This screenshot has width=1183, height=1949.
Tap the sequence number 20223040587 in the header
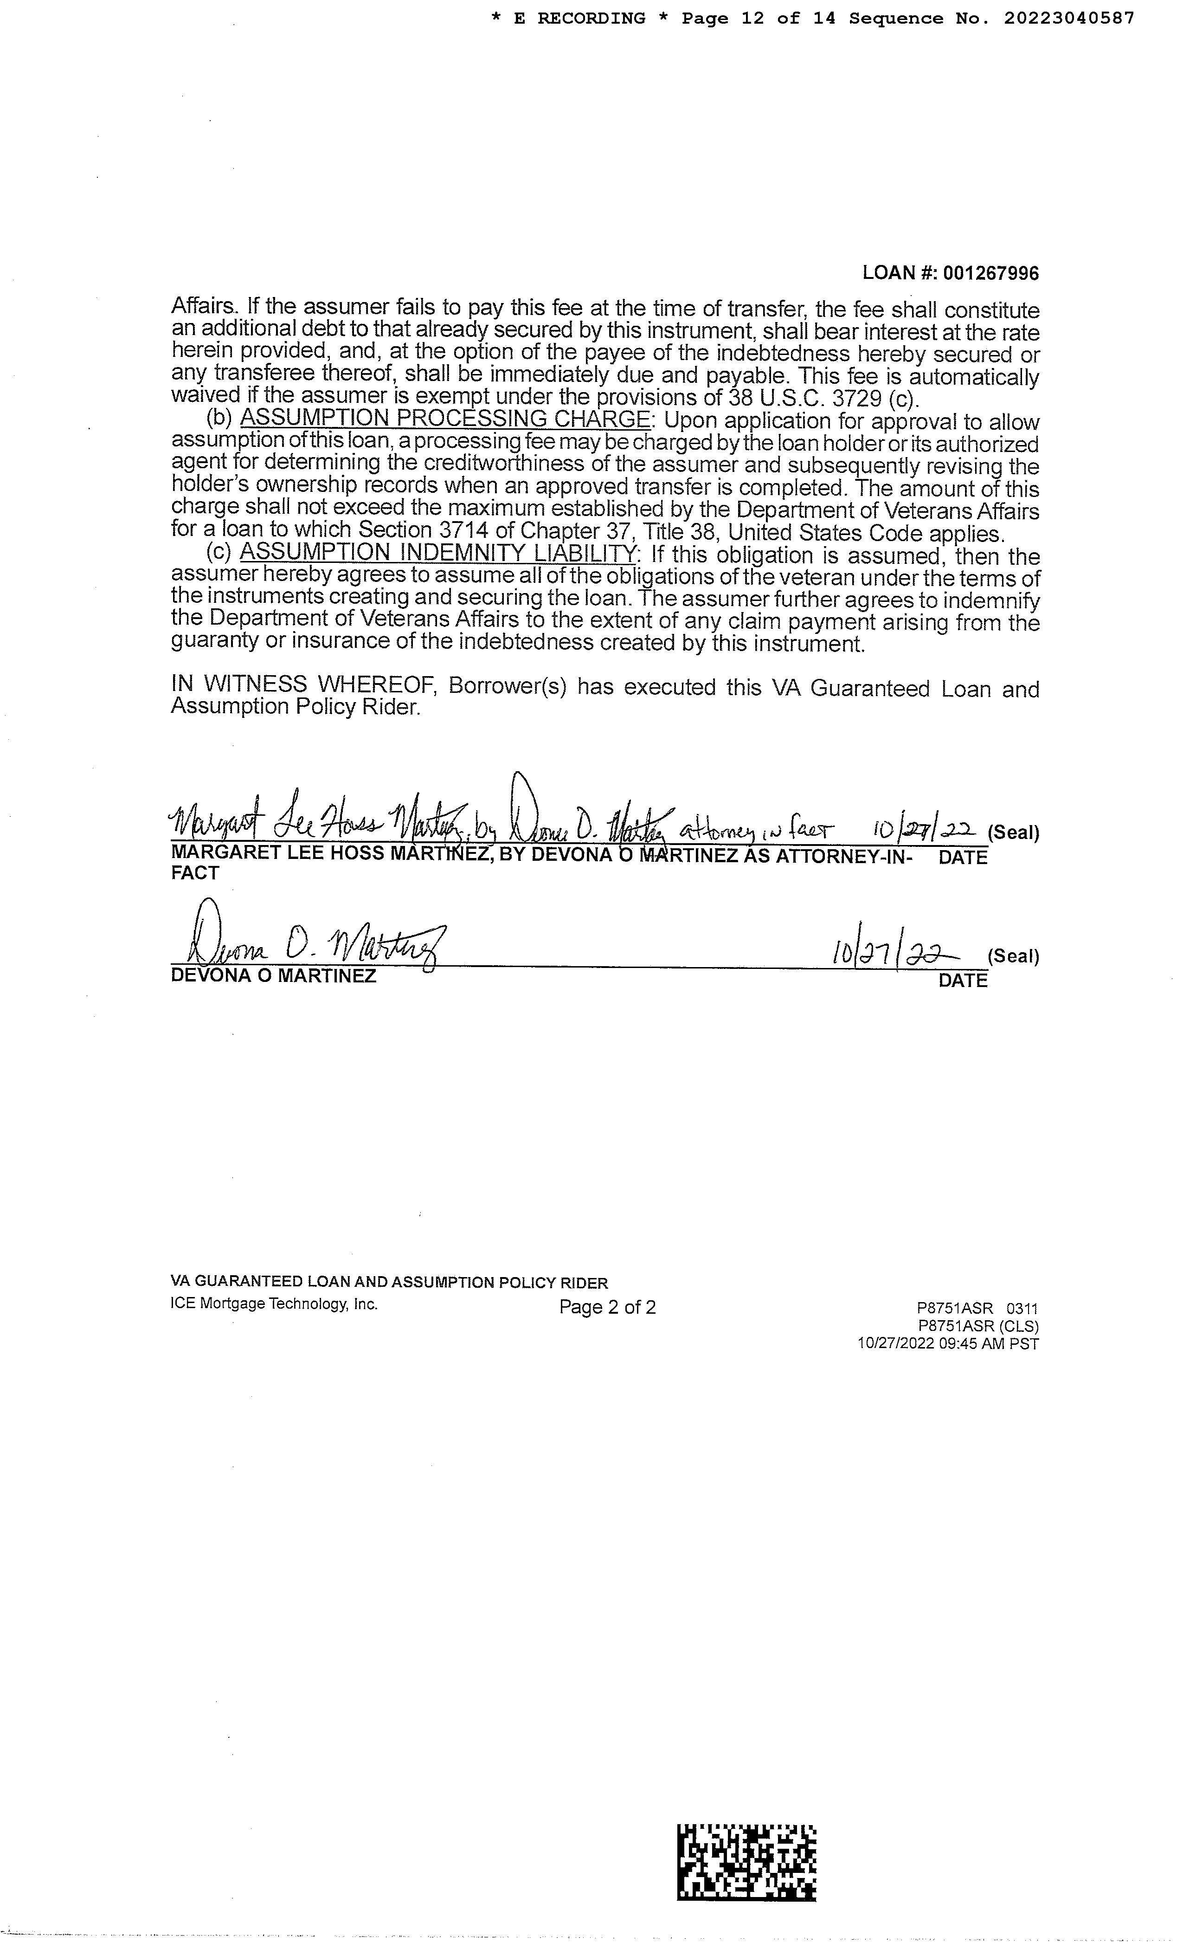click(x=1069, y=18)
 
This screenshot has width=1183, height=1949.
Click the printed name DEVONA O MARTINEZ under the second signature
click(x=274, y=976)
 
